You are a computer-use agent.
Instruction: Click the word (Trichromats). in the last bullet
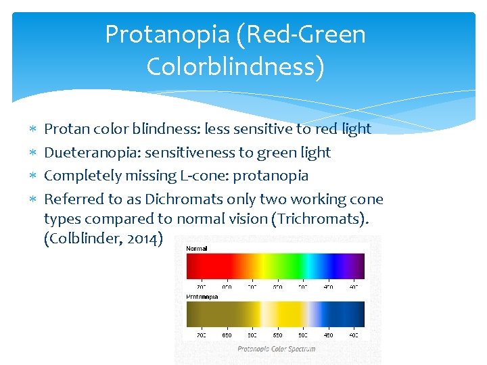(323, 220)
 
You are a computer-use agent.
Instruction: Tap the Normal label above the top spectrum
(197, 249)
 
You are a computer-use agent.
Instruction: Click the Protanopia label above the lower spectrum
(202, 296)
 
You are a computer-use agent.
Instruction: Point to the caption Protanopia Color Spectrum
(276, 349)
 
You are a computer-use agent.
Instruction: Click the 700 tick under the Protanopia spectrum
(201, 335)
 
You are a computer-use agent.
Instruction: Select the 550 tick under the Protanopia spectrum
(277, 335)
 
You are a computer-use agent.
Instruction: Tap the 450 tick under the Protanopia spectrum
(328, 335)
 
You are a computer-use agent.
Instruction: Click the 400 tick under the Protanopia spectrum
(354, 335)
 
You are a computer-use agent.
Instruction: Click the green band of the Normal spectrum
(277, 266)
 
